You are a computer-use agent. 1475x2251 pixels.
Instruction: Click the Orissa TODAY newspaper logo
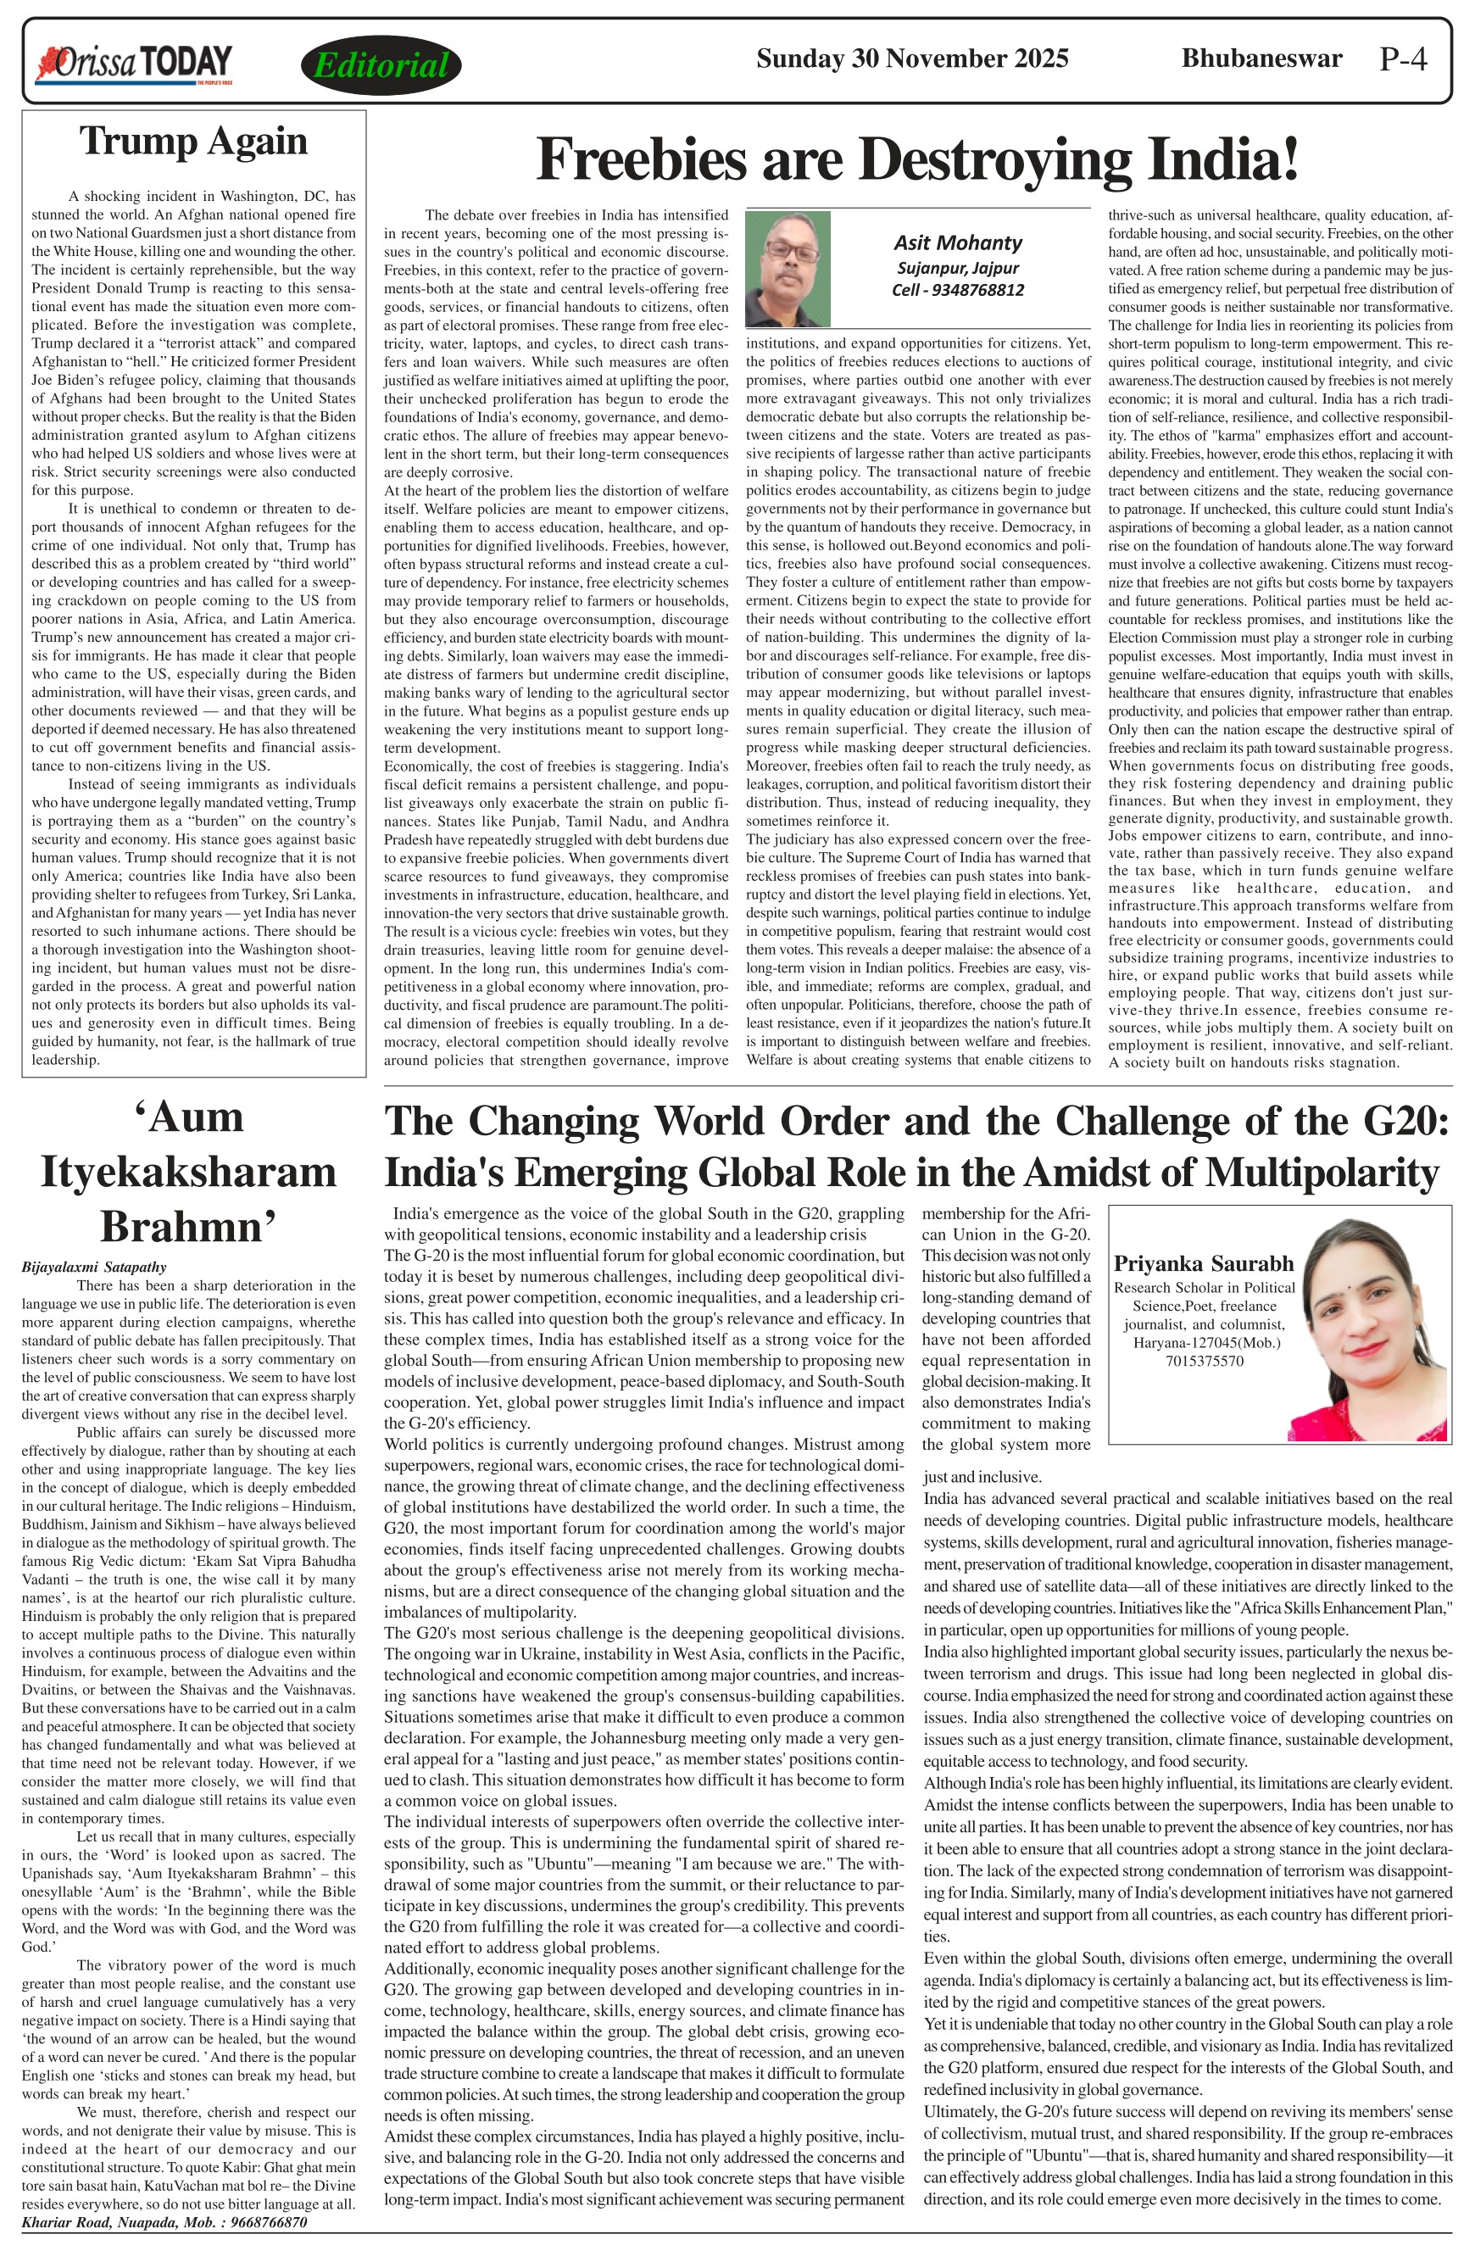tap(133, 64)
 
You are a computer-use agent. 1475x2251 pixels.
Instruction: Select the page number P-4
tap(1402, 59)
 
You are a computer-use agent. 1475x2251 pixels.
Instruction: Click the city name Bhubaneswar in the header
tap(1261, 59)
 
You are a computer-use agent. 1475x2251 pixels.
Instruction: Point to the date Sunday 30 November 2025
tap(911, 59)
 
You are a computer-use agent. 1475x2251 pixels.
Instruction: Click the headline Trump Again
tap(194, 141)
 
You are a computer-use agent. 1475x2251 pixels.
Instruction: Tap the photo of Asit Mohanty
tap(788, 269)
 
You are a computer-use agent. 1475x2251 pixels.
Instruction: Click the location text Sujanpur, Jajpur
tap(957, 268)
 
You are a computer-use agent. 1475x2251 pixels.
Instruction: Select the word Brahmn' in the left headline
tap(187, 1226)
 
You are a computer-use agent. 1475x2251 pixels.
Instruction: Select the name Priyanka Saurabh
tap(1203, 1264)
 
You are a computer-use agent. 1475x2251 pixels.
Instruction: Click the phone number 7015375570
tap(1204, 1361)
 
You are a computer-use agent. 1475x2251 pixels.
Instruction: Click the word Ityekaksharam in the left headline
tap(188, 1172)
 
